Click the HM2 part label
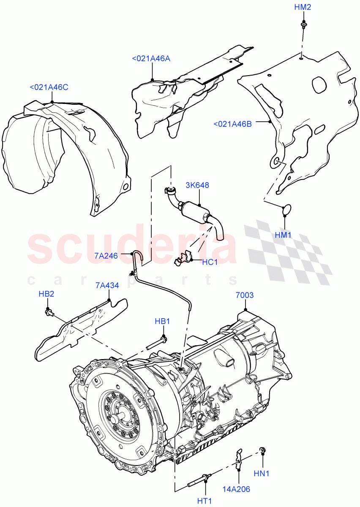coord(303,8)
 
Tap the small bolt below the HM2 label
coord(303,25)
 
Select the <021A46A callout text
coord(151,59)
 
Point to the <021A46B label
coord(232,124)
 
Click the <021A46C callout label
coord(49,87)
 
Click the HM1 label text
coord(284,235)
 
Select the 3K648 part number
coord(197,185)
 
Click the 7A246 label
coord(106,255)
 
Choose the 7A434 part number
coord(107,285)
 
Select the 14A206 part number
coord(237,489)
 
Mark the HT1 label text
coord(205,502)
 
